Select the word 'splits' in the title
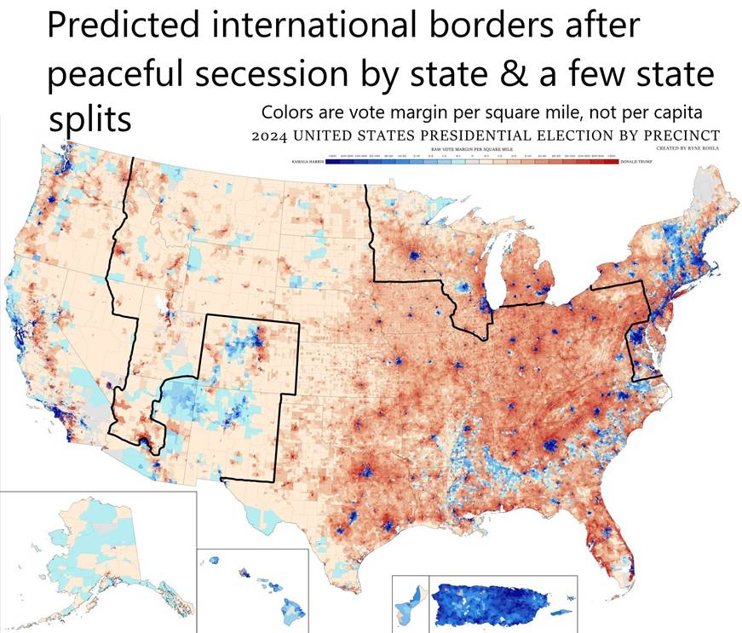(x=89, y=120)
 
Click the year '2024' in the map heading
(x=272, y=135)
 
